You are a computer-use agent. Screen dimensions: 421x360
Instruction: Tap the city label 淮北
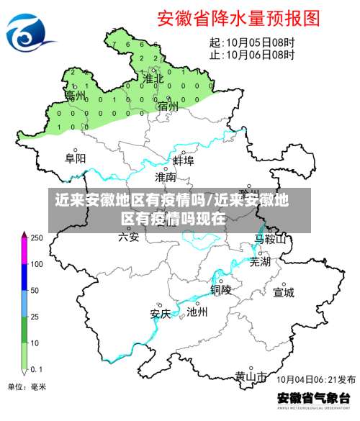tap(152, 78)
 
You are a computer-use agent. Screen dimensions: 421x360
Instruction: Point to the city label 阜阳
tap(75, 158)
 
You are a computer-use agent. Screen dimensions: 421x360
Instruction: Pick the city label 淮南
tap(166, 176)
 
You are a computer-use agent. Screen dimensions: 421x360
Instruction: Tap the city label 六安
tap(129, 236)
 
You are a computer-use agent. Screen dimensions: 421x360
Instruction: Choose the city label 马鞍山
tap(271, 239)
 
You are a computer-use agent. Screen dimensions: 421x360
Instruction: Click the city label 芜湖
tap(260, 262)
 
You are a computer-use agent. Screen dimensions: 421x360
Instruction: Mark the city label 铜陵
tap(221, 289)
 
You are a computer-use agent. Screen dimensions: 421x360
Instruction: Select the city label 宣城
tap(284, 292)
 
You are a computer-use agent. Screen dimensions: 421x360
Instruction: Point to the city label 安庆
tap(160, 313)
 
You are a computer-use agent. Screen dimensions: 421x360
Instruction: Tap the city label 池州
tap(197, 312)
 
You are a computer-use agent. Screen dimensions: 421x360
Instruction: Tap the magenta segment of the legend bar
tap(24, 251)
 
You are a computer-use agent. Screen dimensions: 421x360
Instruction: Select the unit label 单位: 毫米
tap(27, 386)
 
